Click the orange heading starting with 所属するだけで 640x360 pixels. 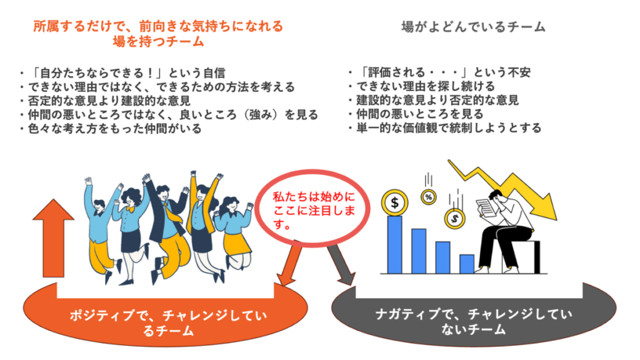coord(158,34)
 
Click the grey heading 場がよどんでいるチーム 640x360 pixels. coord(474,27)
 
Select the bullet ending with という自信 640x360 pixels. coord(122,73)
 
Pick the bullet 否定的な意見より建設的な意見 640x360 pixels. coord(105,101)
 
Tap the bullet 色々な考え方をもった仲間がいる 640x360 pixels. coord(111,129)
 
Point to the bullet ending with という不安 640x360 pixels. coord(439,72)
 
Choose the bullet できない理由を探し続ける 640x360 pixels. coord(421,86)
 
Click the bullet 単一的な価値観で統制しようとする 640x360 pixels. coord(444,127)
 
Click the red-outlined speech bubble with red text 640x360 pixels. coord(312,209)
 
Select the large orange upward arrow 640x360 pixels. coord(54,238)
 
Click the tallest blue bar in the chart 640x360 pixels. coord(394,244)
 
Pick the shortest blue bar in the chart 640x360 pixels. coord(467,264)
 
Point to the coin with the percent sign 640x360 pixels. coord(428,197)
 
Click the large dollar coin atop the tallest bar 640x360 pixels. coord(395,202)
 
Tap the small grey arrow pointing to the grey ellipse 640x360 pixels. coord(341,265)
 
